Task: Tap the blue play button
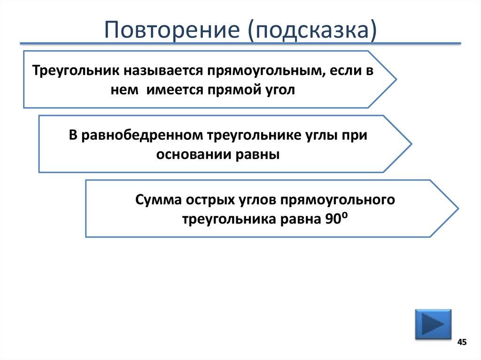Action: [433, 324]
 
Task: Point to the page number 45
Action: [462, 342]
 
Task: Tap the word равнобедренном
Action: [142, 136]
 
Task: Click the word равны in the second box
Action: [259, 154]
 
